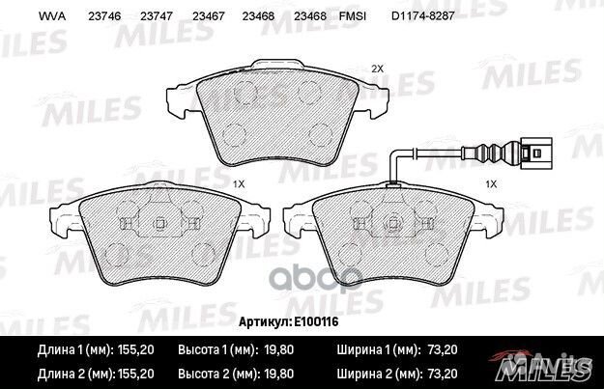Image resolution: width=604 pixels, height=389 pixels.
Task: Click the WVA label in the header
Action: (x=52, y=16)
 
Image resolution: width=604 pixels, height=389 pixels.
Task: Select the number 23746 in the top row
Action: (x=104, y=16)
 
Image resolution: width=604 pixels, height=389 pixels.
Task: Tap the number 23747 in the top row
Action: (x=157, y=16)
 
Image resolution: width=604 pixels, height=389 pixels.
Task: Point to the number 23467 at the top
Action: (x=209, y=16)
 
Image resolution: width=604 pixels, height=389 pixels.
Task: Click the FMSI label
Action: (x=353, y=16)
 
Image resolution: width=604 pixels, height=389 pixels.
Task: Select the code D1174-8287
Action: (x=423, y=16)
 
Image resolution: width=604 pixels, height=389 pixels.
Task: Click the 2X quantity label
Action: (x=378, y=69)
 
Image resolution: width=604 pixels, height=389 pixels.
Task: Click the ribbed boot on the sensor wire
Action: (x=491, y=153)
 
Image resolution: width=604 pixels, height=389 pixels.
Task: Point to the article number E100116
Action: (x=316, y=321)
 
